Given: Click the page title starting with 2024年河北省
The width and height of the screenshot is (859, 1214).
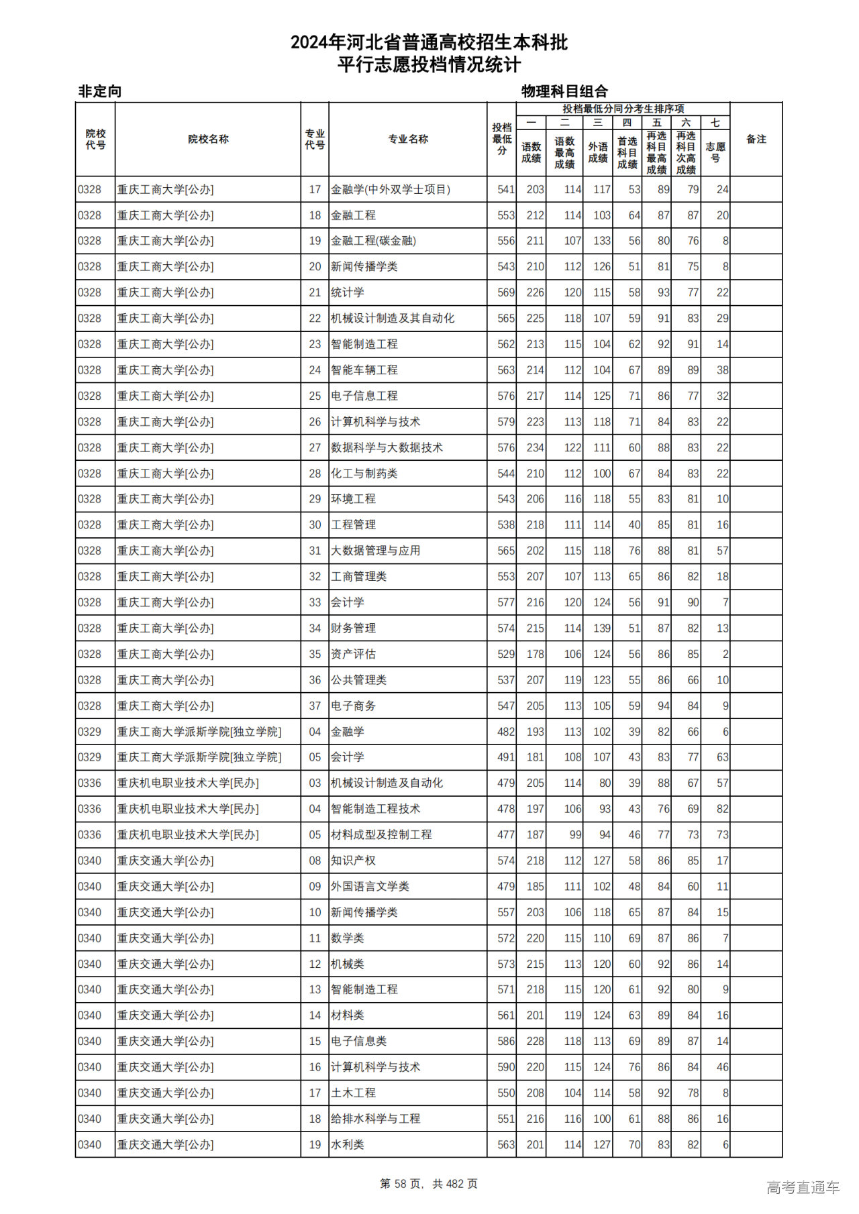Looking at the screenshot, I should [429, 43].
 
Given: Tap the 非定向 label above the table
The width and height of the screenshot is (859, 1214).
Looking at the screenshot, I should [100, 91].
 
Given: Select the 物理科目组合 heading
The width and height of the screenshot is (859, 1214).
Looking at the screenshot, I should [564, 91].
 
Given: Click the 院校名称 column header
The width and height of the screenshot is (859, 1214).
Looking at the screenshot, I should [208, 140].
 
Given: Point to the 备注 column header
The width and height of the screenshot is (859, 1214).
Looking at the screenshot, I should [756, 140].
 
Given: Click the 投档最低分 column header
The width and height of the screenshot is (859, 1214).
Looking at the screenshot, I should [501, 139].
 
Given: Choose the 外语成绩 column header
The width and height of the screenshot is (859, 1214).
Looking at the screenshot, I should [597, 152].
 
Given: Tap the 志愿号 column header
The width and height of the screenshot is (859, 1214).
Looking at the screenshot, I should [715, 152].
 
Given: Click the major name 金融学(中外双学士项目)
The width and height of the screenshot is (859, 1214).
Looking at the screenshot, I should [390, 190].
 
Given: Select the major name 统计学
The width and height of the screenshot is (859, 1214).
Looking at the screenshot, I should [348, 292].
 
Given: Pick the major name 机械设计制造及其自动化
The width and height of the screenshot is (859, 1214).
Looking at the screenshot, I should [392, 319].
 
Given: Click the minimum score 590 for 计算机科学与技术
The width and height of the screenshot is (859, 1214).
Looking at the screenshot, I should [506, 1067].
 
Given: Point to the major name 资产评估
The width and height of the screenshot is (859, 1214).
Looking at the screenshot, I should [353, 654].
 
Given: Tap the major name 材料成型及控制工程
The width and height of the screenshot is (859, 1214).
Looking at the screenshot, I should [381, 835].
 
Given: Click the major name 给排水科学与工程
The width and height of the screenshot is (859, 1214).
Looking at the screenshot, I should [375, 1119].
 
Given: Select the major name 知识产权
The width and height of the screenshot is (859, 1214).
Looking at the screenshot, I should [353, 861].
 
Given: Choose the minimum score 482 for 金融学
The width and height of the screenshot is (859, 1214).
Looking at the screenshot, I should [506, 732].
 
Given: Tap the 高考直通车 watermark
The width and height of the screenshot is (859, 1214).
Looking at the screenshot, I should [803, 1187].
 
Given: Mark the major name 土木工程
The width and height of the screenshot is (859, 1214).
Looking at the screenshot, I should [353, 1093].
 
